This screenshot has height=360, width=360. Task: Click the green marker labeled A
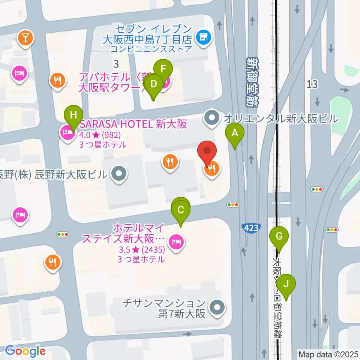click(x=235, y=133)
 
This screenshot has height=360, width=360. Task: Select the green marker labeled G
click(x=279, y=236)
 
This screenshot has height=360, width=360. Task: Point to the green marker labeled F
click(x=163, y=69)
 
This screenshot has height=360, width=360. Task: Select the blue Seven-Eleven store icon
click(x=204, y=37)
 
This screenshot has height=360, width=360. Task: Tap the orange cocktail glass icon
click(x=25, y=37)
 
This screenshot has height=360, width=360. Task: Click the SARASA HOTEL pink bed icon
click(x=67, y=132)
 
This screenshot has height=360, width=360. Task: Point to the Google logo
click(x=25, y=351)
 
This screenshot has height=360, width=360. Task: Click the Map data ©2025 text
click(x=328, y=354)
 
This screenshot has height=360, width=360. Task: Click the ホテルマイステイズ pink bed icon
click(x=176, y=241)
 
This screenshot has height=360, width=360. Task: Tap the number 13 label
click(x=312, y=84)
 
